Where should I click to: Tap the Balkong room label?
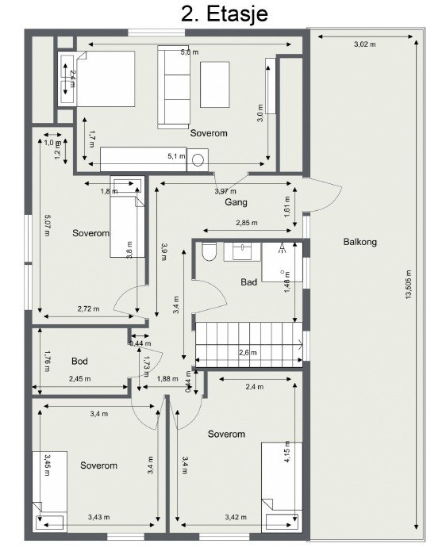point(359,242)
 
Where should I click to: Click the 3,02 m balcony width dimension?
point(364,45)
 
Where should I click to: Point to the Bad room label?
point(249,281)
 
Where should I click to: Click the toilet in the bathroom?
point(209,252)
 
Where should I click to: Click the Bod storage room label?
point(79,361)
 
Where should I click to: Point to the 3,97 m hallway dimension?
point(226,191)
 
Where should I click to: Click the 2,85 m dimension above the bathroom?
point(247,224)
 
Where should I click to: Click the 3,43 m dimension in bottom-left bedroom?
point(98,517)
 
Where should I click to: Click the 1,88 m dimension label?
point(167,379)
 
